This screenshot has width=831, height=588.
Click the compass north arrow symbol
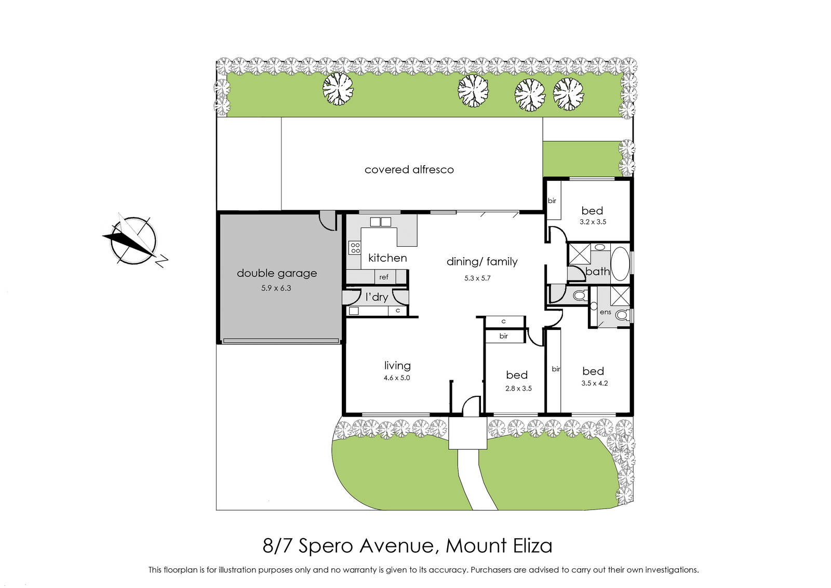tap(135, 240)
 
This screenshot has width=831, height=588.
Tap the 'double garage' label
tap(277, 273)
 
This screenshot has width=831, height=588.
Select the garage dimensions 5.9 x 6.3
tap(276, 288)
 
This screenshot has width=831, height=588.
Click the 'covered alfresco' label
tap(409, 169)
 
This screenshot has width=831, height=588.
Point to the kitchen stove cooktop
tap(355, 248)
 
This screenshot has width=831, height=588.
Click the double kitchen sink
tap(381, 222)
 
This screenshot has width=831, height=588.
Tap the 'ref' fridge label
tap(384, 277)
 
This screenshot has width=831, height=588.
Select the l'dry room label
tap(377, 297)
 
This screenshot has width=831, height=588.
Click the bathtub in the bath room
tap(620, 263)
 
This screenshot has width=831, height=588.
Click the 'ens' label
tap(606, 312)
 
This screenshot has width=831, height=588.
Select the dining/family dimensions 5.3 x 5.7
tap(477, 278)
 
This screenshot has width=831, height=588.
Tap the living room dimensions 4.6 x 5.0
tap(397, 378)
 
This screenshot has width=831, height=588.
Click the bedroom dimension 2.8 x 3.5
tap(518, 389)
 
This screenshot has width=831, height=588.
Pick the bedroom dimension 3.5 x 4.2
tap(594, 383)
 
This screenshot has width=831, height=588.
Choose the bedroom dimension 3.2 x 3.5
tap(593, 222)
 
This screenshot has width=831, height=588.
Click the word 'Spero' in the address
tap(325, 546)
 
